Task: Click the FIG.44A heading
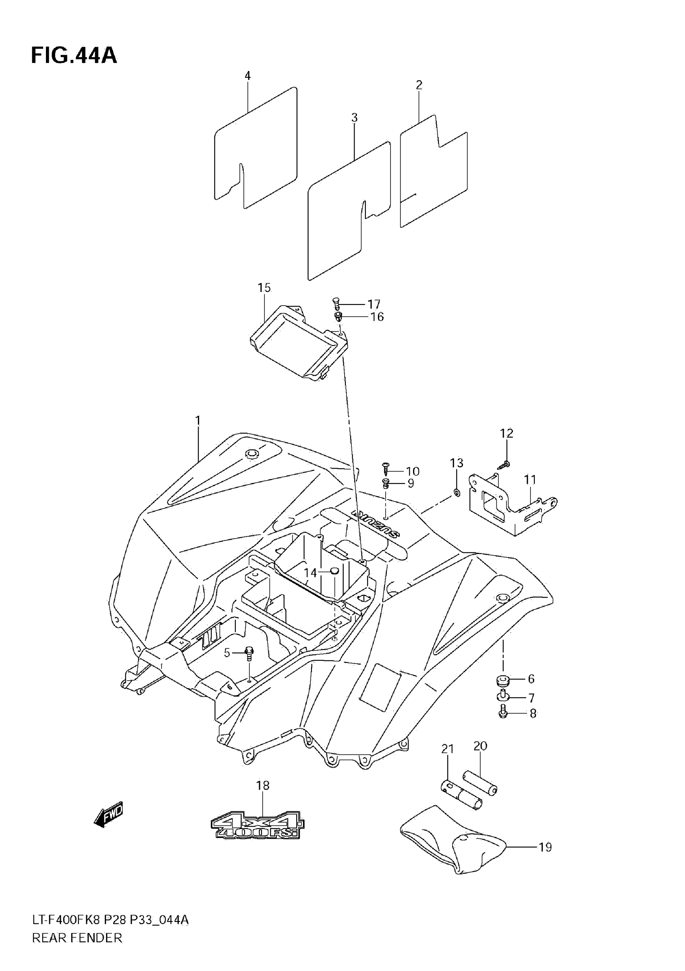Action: click(x=74, y=55)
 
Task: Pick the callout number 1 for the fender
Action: click(x=197, y=421)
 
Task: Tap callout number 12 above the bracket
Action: click(x=506, y=433)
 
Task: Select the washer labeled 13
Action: click(x=457, y=492)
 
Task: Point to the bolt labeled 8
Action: click(x=503, y=713)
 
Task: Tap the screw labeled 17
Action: click(x=336, y=303)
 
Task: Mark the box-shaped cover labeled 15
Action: click(x=298, y=342)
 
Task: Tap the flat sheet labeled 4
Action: click(x=255, y=148)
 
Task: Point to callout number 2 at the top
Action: click(x=419, y=85)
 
